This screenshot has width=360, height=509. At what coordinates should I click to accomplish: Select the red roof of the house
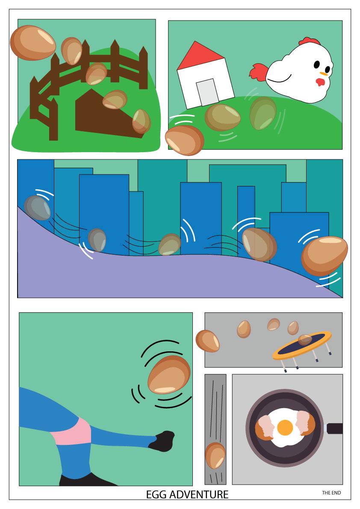[200, 56]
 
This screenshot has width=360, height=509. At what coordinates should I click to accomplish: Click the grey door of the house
[207, 92]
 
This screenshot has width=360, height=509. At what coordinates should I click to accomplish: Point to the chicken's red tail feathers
[259, 72]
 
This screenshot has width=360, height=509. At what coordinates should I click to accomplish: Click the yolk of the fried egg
[285, 427]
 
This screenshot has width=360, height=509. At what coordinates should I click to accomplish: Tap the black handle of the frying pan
[334, 429]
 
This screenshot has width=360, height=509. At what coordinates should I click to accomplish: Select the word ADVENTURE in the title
[199, 494]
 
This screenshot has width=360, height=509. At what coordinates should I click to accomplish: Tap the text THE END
[331, 493]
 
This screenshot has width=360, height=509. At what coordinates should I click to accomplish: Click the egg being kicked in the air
[169, 374]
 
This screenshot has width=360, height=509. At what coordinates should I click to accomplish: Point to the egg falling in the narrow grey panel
[215, 456]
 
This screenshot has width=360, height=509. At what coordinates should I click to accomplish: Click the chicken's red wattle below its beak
[320, 82]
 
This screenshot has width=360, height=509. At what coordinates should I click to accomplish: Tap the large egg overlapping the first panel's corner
[33, 43]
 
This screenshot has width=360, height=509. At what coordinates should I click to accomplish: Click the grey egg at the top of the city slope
[37, 208]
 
